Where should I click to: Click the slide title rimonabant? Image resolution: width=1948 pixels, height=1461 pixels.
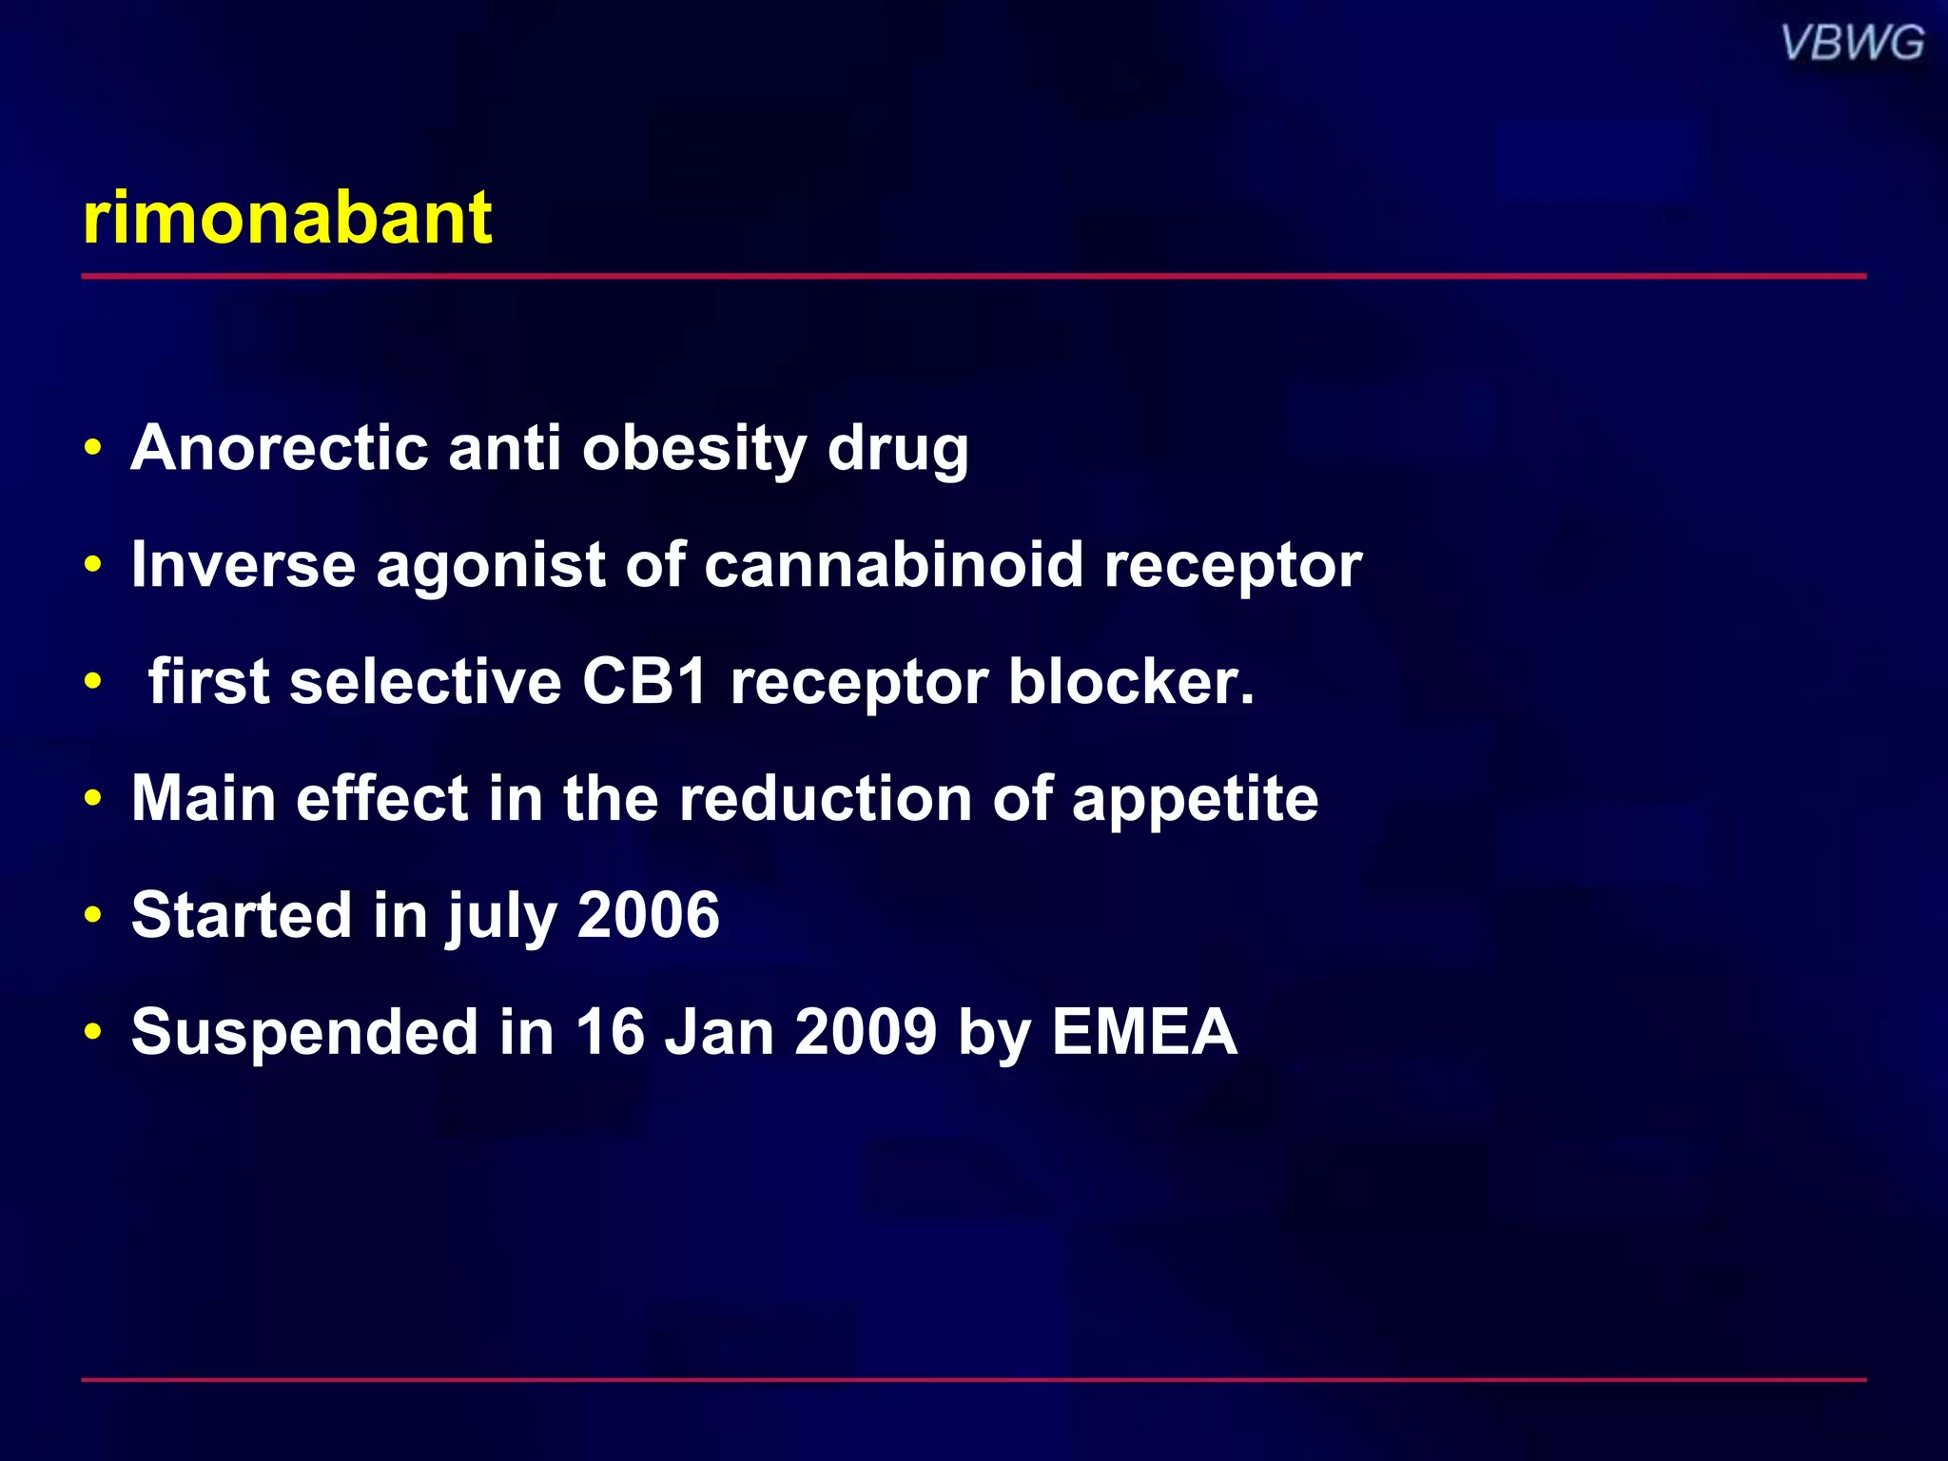[286, 219]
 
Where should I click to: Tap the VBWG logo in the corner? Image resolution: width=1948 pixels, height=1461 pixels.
[1852, 44]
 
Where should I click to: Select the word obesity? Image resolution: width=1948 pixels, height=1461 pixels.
[694, 449]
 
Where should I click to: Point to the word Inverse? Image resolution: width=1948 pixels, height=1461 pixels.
[243, 565]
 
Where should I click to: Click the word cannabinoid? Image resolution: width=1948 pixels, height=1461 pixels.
[893, 565]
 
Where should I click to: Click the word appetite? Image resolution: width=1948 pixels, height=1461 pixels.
[1195, 800]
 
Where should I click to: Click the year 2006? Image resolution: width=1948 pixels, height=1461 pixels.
[648, 915]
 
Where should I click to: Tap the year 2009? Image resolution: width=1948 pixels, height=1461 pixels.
[866, 1032]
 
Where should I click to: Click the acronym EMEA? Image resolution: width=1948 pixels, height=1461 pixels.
[1144, 1032]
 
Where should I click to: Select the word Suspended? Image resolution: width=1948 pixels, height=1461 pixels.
[304, 1033]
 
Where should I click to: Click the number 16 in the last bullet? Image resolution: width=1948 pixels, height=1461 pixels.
[610, 1032]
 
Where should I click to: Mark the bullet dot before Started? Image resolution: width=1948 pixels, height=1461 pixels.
[92, 916]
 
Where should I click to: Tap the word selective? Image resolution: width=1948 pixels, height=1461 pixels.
[425, 682]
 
